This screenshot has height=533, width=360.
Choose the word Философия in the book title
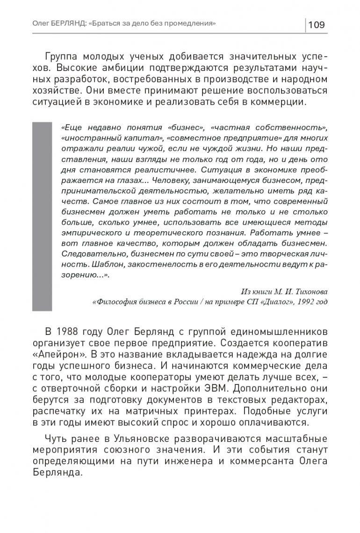pos(113,301)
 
